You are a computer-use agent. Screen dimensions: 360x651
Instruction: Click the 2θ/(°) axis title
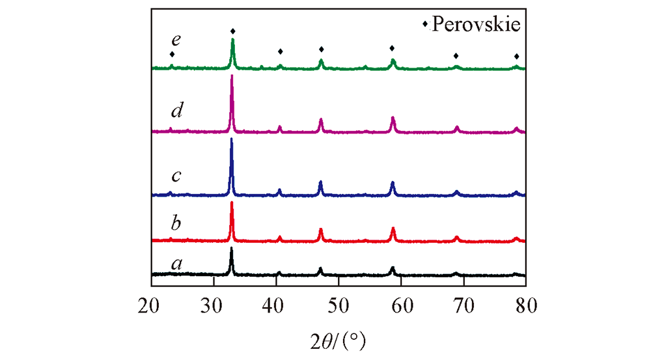point(339,338)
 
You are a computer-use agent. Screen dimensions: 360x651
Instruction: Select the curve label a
point(176,264)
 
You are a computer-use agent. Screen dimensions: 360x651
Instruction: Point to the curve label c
point(176,176)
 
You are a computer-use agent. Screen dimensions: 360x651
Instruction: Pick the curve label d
point(176,111)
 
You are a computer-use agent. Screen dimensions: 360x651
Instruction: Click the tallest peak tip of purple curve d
point(232,77)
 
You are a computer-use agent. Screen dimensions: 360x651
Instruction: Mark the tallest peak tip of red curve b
point(232,203)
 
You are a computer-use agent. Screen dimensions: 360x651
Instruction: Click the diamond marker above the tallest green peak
point(233,31)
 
